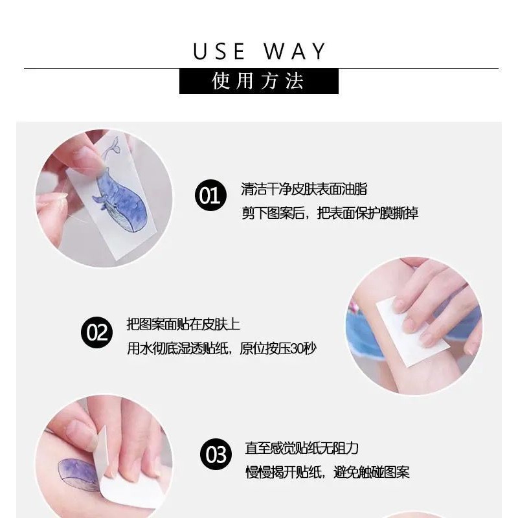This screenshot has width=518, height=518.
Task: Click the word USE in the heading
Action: click(x=220, y=52)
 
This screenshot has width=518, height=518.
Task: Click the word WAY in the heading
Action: click(x=295, y=52)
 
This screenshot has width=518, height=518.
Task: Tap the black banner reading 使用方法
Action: click(x=258, y=81)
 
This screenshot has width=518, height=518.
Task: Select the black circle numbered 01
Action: click(x=210, y=195)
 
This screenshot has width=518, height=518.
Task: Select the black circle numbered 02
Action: click(x=96, y=333)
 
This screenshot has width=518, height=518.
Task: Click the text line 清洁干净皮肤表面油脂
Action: click(x=304, y=189)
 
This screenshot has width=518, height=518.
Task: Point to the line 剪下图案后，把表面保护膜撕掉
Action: click(x=330, y=213)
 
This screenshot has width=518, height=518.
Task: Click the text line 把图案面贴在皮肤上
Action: click(x=183, y=324)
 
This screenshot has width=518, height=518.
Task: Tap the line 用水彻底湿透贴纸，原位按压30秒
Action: click(x=221, y=348)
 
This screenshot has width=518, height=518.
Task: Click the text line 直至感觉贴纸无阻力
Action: click(x=301, y=448)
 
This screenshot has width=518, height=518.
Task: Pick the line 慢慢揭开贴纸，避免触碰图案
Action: click(x=327, y=472)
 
